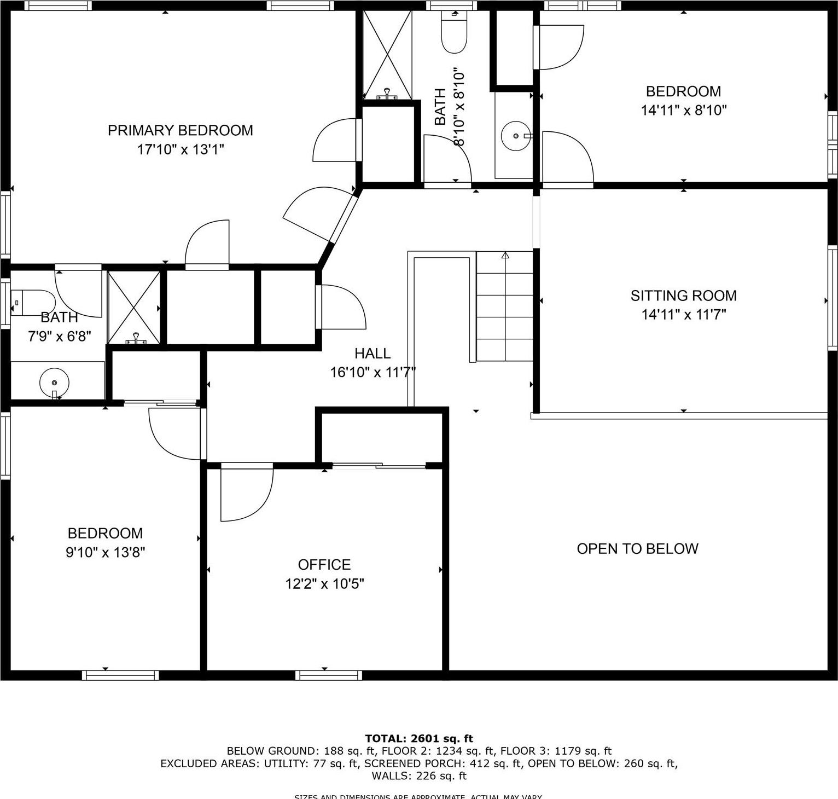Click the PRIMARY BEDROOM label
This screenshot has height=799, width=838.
180,130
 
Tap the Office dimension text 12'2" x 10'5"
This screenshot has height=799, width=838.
324,584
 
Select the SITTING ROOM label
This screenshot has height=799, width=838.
683,296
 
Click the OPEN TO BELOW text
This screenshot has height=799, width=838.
637,548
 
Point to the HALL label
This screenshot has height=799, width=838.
373,353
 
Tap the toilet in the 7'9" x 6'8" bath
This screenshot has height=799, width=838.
32,302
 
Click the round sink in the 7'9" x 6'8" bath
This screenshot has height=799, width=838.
54,383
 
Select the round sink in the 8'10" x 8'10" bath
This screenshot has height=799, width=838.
515,136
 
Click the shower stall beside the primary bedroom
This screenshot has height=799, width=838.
387,55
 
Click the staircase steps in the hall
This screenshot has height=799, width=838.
504,306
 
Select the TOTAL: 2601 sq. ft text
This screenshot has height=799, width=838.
419,738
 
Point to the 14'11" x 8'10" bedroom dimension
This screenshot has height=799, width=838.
683,110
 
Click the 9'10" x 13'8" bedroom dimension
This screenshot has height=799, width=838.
105,552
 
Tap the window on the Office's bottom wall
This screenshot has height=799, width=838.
328,675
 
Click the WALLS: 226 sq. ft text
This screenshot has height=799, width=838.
419,775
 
